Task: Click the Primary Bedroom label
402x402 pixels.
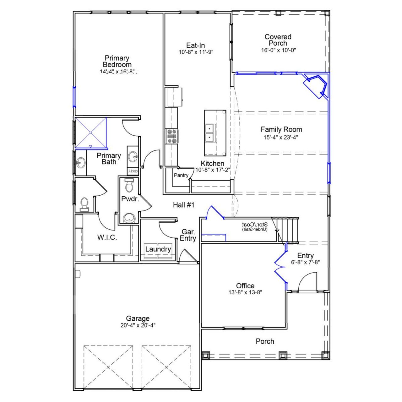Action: tap(117, 61)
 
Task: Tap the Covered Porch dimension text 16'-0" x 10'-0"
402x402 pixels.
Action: tap(278, 50)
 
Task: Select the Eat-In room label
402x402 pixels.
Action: tap(195, 45)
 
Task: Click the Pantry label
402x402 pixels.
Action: tap(181, 175)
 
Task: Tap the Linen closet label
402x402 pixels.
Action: tap(133, 171)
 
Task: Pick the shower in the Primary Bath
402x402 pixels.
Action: tap(91, 132)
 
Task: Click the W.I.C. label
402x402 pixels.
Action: tap(107, 237)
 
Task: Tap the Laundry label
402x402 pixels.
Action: tap(158, 249)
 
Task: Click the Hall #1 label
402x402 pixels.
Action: tap(184, 205)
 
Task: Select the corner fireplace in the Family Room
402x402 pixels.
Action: tap(316, 85)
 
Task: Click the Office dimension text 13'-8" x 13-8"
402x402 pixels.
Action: tap(245, 292)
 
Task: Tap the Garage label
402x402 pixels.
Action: tap(138, 319)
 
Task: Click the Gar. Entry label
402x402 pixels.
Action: tap(188, 235)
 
